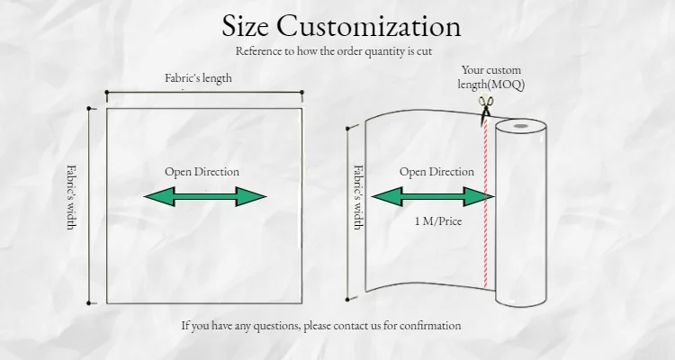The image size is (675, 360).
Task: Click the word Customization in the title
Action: coord(377,26)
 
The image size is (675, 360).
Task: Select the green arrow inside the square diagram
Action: coord(205,196)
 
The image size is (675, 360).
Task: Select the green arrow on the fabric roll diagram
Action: coord(433,197)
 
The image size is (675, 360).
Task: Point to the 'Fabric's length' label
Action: coord(198,78)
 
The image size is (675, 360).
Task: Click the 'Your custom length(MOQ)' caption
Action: coord(490,77)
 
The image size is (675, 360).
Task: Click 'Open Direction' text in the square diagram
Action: coord(202,172)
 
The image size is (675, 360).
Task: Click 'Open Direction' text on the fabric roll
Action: coord(436,172)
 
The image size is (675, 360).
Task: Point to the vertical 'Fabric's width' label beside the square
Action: coord(72,196)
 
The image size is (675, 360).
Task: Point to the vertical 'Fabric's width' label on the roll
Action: coord(358,196)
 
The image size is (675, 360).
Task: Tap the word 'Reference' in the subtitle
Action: coord(261,51)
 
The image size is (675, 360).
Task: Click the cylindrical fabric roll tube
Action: coord(521,216)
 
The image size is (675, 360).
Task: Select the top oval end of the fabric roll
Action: coord(521,129)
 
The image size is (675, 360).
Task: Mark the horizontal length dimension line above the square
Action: coord(204,92)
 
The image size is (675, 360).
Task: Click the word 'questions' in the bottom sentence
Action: coord(274,326)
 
